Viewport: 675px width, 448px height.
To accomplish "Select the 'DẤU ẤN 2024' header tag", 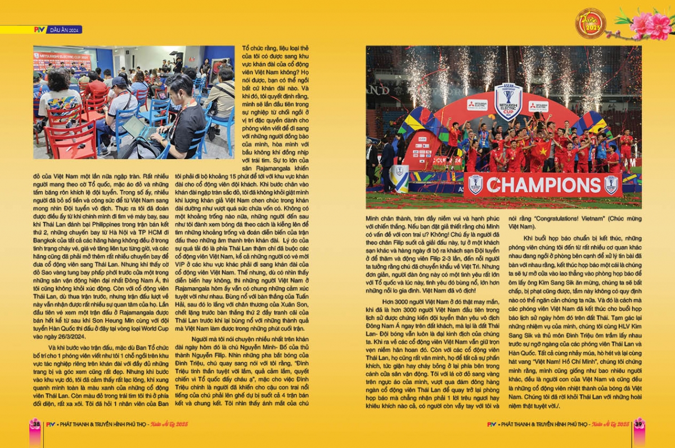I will click(66, 29).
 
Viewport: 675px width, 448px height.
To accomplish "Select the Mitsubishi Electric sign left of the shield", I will click(477, 105).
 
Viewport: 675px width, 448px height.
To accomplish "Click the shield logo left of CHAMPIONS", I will click(476, 185).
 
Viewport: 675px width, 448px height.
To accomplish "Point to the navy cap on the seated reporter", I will click(119, 82).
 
